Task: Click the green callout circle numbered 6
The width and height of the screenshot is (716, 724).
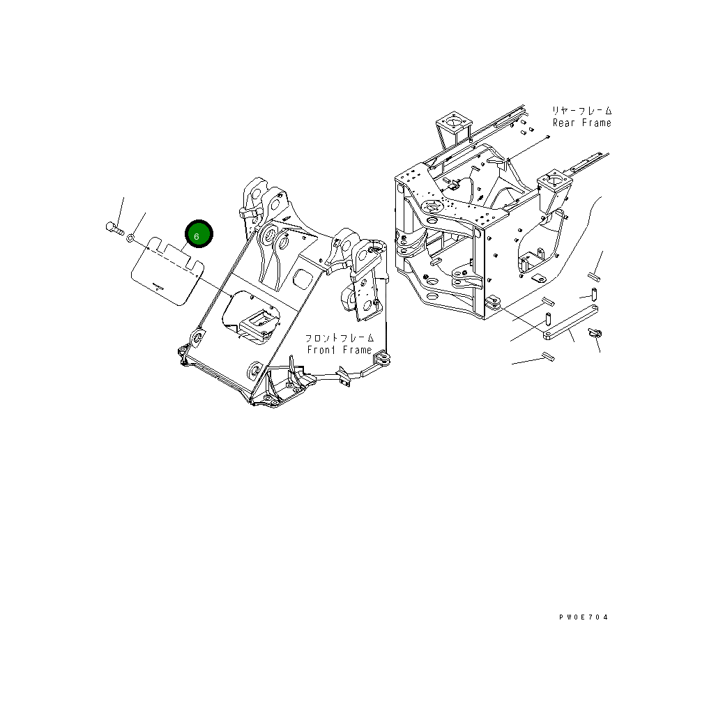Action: pyautogui.click(x=197, y=236)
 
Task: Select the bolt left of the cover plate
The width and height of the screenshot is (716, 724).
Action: pyautogui.click(x=114, y=227)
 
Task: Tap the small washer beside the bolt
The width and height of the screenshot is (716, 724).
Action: pyautogui.click(x=130, y=238)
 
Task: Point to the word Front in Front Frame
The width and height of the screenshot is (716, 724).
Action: pyautogui.click(x=322, y=350)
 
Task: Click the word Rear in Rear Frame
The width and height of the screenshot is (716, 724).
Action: pyautogui.click(x=565, y=123)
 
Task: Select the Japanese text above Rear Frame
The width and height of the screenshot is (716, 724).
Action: pyautogui.click(x=581, y=111)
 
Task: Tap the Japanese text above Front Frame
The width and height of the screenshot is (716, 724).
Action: pyautogui.click(x=337, y=338)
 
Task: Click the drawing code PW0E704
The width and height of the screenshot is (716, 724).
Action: pyautogui.click(x=583, y=617)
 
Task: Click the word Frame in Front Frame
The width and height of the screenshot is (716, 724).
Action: pyautogui.click(x=356, y=350)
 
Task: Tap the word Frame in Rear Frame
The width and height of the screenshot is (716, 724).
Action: pyautogui.click(x=596, y=123)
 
